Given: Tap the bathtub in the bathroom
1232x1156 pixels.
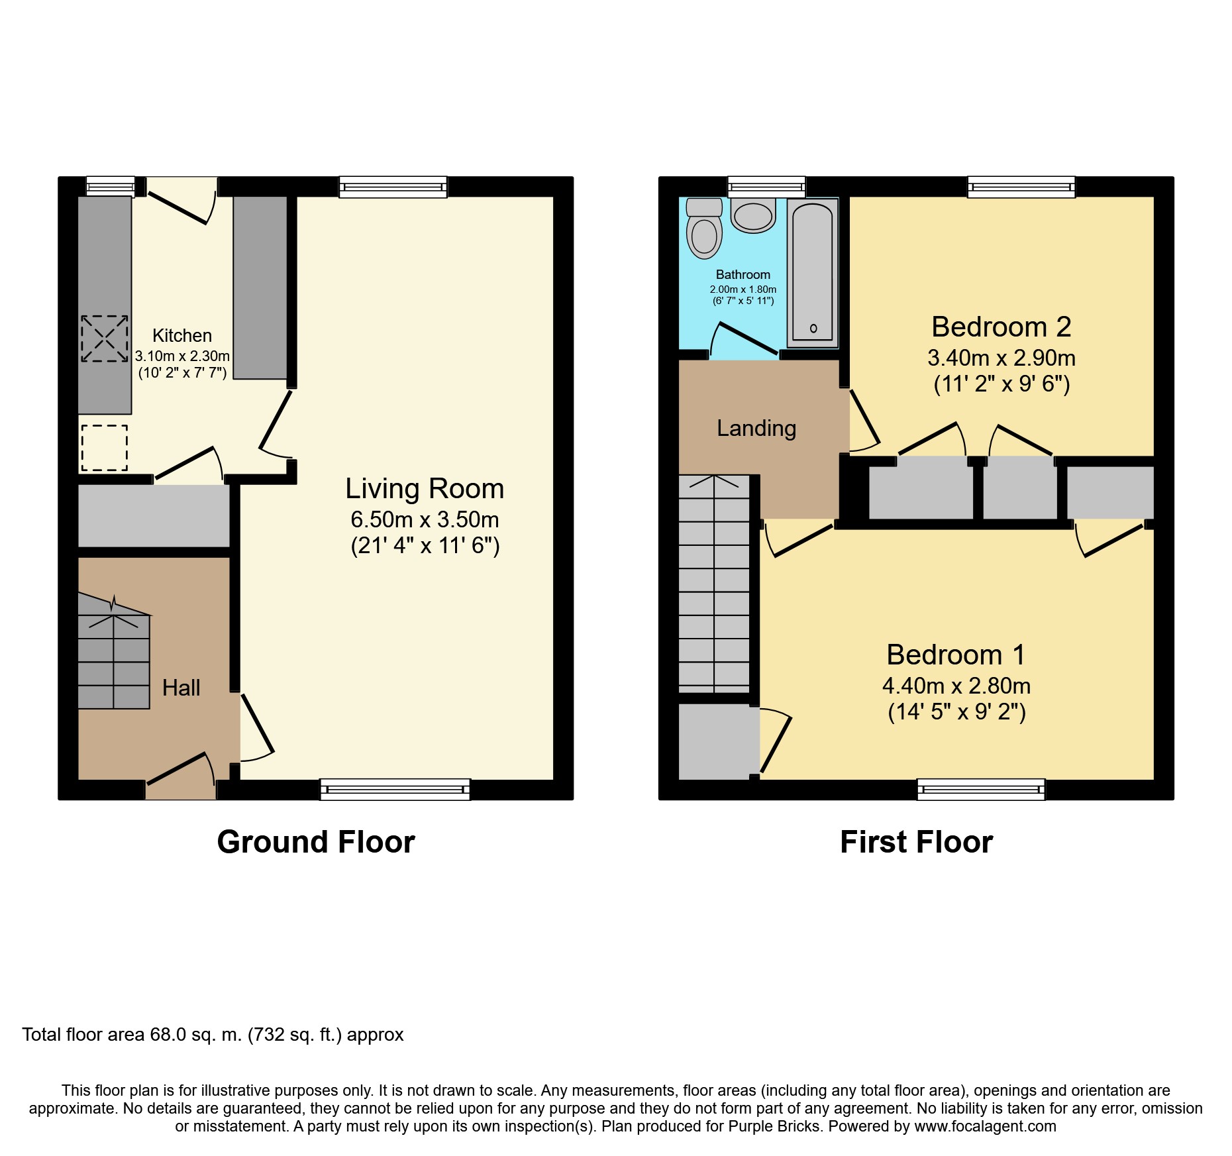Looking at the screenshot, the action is [x=812, y=272].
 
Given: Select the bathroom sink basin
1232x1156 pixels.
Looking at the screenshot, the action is [x=753, y=215].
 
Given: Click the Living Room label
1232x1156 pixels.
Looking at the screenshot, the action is [x=425, y=489].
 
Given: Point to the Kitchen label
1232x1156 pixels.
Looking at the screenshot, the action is [x=182, y=336].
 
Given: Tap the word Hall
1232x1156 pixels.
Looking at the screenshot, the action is [x=181, y=688].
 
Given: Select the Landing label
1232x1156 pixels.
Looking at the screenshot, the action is [x=756, y=429].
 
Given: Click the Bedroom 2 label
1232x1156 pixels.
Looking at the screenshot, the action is [x=1001, y=327].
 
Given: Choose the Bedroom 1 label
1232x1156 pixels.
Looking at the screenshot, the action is [x=956, y=655].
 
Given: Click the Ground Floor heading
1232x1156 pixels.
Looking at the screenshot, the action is [x=316, y=842].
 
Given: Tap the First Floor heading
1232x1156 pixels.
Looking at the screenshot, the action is [x=917, y=842].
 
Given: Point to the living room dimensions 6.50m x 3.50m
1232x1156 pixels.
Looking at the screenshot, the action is [x=425, y=520].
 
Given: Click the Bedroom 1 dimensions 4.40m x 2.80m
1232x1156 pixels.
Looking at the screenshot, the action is [x=956, y=686].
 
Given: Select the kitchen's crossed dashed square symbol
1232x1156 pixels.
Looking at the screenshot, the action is [x=105, y=339].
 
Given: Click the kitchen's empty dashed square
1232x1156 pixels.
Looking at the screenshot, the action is [x=105, y=448].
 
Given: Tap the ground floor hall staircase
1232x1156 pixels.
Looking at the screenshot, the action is [x=114, y=651].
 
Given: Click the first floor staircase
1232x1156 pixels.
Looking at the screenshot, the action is [x=715, y=584].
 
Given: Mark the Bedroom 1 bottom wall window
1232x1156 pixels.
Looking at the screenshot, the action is [x=981, y=789].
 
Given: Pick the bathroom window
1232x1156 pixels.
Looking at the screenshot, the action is [x=766, y=187].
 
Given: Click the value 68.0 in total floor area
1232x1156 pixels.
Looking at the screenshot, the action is [x=168, y=1035].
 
